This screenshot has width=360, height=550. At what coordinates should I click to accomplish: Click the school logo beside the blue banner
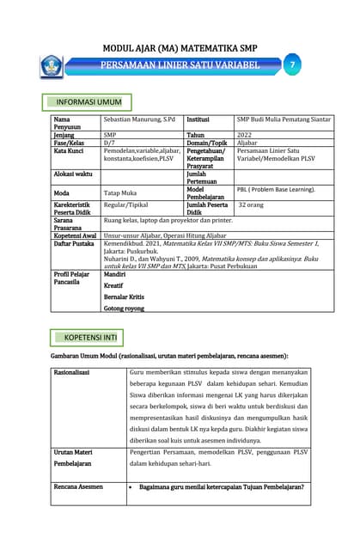51,65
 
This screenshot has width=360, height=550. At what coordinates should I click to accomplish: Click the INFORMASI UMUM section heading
88,102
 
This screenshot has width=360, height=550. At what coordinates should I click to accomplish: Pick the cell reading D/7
109,143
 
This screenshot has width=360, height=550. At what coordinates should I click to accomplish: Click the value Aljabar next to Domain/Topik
247,143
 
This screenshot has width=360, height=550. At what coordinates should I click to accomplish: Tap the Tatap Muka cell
120,193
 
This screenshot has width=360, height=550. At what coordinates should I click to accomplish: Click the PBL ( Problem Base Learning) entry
276,189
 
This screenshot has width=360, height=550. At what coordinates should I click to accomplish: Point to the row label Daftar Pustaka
72,244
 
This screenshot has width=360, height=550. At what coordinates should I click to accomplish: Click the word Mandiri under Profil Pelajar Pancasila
115,274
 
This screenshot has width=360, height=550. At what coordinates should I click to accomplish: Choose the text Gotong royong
124,307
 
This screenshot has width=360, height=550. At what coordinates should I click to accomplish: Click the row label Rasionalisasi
72,373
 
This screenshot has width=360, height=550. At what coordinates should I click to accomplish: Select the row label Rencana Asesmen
79,486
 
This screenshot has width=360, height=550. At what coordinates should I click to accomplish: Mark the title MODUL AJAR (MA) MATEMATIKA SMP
180,49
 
